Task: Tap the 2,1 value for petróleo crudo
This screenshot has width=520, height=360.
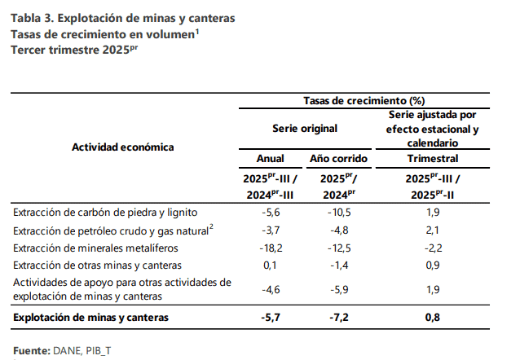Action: coord(433,230)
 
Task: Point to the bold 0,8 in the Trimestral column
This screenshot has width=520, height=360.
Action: coord(433,317)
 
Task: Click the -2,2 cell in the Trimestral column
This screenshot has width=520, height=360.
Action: coord(433,248)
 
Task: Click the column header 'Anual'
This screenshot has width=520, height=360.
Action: coord(270,158)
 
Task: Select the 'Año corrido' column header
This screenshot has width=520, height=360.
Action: coord(340,158)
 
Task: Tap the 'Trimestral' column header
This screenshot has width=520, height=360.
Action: coord(433,158)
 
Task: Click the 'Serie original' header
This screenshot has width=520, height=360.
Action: coord(304,129)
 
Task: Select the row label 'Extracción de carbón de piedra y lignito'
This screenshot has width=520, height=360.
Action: coord(106,212)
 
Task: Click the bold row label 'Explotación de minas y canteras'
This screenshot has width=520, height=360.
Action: coord(91,317)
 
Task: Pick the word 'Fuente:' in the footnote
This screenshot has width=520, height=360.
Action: coord(32,350)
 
